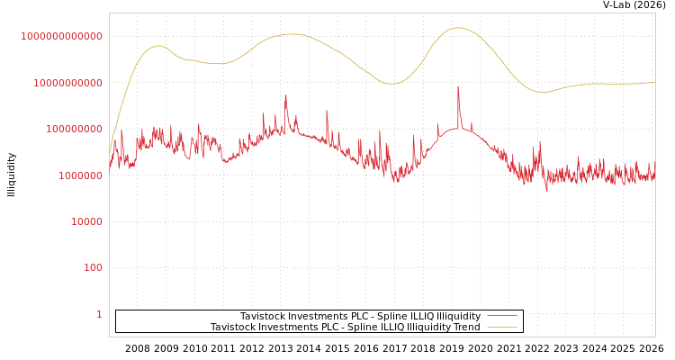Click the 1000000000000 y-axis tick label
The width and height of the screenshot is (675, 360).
click(x=62, y=36)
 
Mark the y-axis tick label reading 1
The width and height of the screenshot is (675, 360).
click(x=99, y=314)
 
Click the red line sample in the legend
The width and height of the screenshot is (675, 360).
click(x=501, y=317)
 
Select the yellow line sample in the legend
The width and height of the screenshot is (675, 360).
click(x=501, y=328)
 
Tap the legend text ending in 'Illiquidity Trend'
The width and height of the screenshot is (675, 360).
click(x=345, y=328)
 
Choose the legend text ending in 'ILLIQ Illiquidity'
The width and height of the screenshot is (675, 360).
click(x=360, y=317)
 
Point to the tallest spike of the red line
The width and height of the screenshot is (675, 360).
click(x=458, y=87)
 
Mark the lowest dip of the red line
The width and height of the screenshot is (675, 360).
click(x=546, y=191)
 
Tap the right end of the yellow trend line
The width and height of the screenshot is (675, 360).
click(x=654, y=82)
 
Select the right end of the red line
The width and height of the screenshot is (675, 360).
click(x=654, y=176)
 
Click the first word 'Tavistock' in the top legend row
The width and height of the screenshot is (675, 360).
click(x=262, y=317)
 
